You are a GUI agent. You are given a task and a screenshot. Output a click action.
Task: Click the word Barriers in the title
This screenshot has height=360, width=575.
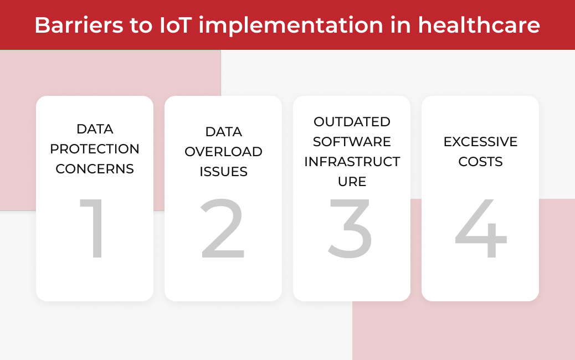[79, 25]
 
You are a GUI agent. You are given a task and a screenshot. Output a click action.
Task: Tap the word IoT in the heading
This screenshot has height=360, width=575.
[176, 25]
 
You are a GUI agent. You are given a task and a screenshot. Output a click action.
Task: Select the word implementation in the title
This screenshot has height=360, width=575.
[291, 26]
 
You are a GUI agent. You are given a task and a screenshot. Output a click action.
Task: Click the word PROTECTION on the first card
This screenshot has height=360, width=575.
[95, 149]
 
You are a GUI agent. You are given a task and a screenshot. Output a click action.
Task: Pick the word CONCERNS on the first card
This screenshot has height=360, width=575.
[95, 168]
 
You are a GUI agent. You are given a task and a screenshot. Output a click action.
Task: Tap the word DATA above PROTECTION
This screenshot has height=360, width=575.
[95, 129]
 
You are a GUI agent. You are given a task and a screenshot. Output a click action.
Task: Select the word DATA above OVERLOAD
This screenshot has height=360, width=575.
[223, 132]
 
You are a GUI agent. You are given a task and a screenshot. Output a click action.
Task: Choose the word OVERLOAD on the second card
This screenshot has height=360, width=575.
[223, 151]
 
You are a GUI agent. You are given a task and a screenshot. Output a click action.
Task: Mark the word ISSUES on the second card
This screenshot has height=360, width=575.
[223, 172]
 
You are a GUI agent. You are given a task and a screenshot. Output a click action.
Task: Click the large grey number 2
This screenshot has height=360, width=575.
[223, 228]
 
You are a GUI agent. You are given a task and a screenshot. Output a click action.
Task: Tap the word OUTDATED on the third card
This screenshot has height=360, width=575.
[352, 122]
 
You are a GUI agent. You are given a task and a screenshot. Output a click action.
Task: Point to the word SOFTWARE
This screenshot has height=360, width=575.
[352, 141]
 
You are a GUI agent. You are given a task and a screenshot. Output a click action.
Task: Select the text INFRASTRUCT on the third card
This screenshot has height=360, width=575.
[352, 162]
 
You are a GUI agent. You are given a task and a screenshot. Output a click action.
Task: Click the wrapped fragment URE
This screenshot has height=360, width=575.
[352, 182]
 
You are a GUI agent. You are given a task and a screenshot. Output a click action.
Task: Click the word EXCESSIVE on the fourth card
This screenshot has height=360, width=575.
[480, 141]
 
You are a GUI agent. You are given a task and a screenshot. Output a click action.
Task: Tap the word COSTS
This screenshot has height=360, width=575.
[480, 162]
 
